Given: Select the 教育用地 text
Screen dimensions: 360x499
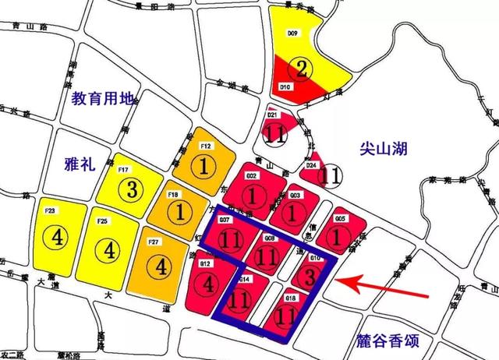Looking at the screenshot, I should pos(104,99).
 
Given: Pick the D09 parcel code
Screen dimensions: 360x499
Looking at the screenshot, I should pos(293,34).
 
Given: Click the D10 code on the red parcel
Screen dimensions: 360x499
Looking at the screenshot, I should pos(285,86).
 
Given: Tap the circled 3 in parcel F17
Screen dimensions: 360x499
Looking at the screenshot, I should pos(133,189).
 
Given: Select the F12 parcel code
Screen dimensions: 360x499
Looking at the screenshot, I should pos(206,146).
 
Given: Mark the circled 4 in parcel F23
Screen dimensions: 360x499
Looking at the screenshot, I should pos(57,235).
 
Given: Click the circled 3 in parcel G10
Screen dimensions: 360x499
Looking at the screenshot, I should pos(309,277).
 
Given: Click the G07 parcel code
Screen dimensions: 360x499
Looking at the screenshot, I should pos(225,221).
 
